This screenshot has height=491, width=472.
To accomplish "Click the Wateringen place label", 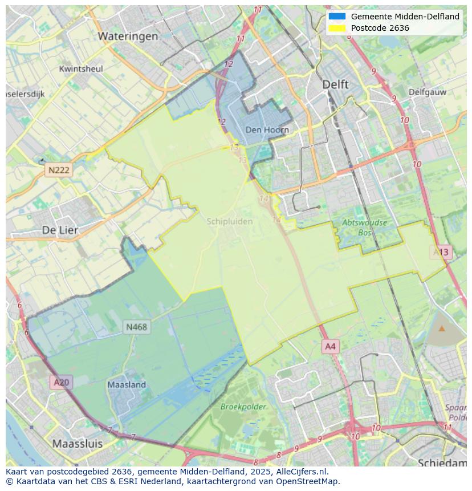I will coord(128,36).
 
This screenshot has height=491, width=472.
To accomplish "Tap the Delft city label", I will coord(335,84).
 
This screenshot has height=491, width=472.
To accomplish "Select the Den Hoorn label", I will coord(267,130).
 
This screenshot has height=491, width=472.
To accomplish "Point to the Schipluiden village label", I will coord(230,221).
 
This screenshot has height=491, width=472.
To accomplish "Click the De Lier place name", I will coord(60,230).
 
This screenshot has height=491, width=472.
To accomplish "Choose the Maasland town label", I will coord(127,385).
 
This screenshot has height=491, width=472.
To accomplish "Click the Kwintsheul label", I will coord(81,69).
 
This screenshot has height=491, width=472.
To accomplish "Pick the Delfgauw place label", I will coord(427,91).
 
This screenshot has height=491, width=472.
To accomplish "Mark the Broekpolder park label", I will coord(243,407).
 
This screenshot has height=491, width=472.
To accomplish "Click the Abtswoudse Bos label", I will coord(364,228).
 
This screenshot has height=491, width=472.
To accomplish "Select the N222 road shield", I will coord(59,170).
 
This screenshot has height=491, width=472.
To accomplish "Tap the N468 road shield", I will coord(136,327).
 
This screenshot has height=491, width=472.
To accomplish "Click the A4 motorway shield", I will coord(331,346).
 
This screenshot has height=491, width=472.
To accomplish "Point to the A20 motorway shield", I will coord(61,382).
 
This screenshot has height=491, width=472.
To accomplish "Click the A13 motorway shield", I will coord(441,251).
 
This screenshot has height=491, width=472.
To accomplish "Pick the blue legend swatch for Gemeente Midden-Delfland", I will coord(337,17).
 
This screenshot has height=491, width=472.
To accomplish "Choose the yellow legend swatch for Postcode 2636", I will coord(337,28).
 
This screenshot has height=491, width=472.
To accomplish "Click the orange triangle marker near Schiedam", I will coord(442,328).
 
